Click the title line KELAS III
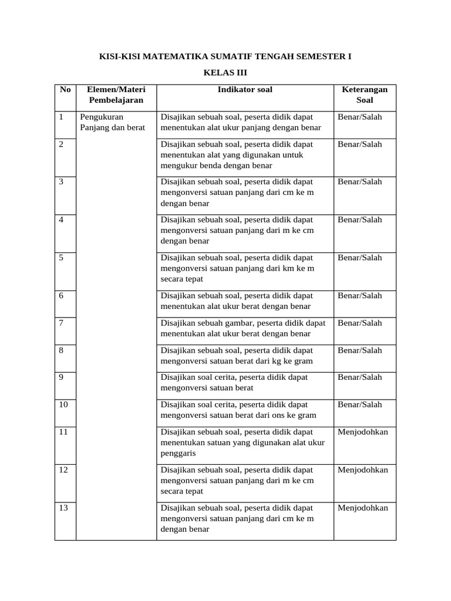pyautogui.click(x=225, y=73)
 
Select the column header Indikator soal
pyautogui.click(x=245, y=90)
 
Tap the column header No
pyautogui.click(x=65, y=90)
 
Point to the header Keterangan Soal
pyautogui.click(x=365, y=95)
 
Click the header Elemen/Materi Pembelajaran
pyautogui.click(x=116, y=95)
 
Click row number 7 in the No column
pyautogui.click(x=62, y=323)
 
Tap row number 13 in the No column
pyautogui.click(x=64, y=508)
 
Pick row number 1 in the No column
pyautogui.click(x=62, y=117)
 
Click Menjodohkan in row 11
pyautogui.click(x=363, y=432)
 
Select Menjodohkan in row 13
pyautogui.click(x=363, y=508)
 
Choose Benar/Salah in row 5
pyautogui.click(x=359, y=258)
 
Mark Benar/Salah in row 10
pyautogui.click(x=359, y=404)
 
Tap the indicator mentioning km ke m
pyautogui.click(x=237, y=268)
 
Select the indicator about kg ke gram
pyautogui.click(x=236, y=356)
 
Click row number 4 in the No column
pyautogui.click(x=62, y=220)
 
